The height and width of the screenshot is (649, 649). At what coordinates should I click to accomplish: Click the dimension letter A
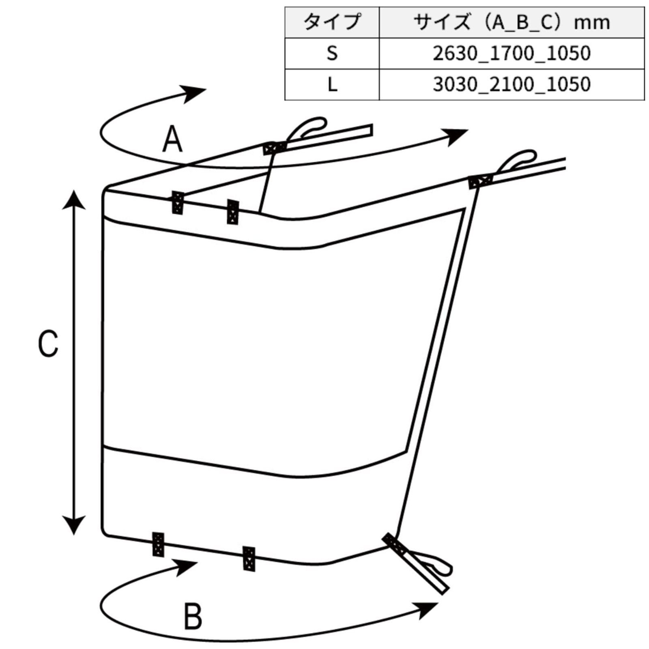click(172, 139)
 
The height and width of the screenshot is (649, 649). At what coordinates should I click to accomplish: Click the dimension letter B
click(193, 617)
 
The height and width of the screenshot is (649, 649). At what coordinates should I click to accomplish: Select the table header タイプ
click(332, 22)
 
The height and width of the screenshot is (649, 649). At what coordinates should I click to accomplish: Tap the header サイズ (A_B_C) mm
click(511, 22)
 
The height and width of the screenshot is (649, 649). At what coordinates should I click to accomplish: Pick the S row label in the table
click(332, 53)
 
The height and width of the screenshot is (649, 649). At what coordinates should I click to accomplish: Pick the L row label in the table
click(332, 84)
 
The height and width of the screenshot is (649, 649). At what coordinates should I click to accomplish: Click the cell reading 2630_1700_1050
click(511, 53)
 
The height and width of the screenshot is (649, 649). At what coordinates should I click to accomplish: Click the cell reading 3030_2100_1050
click(511, 84)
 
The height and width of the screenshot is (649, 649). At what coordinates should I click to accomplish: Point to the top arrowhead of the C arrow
click(74, 199)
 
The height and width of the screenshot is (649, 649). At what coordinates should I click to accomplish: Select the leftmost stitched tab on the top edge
click(178, 203)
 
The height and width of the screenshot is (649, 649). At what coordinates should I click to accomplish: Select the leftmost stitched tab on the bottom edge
click(158, 544)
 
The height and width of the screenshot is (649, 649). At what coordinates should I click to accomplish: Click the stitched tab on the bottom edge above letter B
click(249, 559)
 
